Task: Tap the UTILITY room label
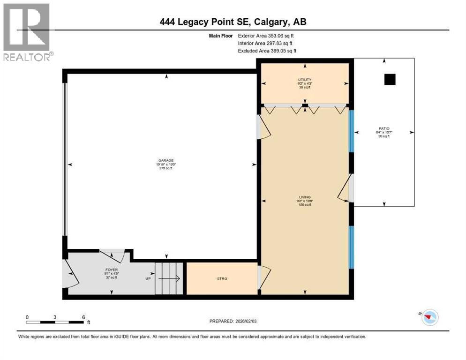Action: pyautogui.click(x=305, y=80)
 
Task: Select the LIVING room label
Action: pyautogui.click(x=306, y=197)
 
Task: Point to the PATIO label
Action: pyautogui.click(x=385, y=128)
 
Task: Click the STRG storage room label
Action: pyautogui.click(x=222, y=278)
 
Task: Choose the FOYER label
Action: pyautogui.click(x=111, y=270)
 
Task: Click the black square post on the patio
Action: pyautogui.click(x=390, y=80)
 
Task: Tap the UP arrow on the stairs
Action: pyautogui.click(x=169, y=278)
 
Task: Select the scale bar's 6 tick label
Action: pyautogui.click(x=83, y=317)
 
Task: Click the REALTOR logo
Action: pyautogui.click(x=27, y=33)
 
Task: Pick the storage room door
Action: pyautogui.click(x=263, y=277)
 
